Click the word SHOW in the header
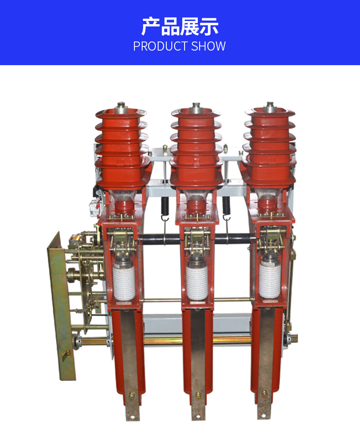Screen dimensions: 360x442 tap(208, 46)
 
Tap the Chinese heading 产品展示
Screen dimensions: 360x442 tap(180, 26)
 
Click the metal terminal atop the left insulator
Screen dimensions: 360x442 tap(121, 108)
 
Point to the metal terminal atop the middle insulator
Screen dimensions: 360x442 tap(196, 108)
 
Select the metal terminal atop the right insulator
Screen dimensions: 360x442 tap(270, 107)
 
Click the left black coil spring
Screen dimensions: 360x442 tap(165, 206)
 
